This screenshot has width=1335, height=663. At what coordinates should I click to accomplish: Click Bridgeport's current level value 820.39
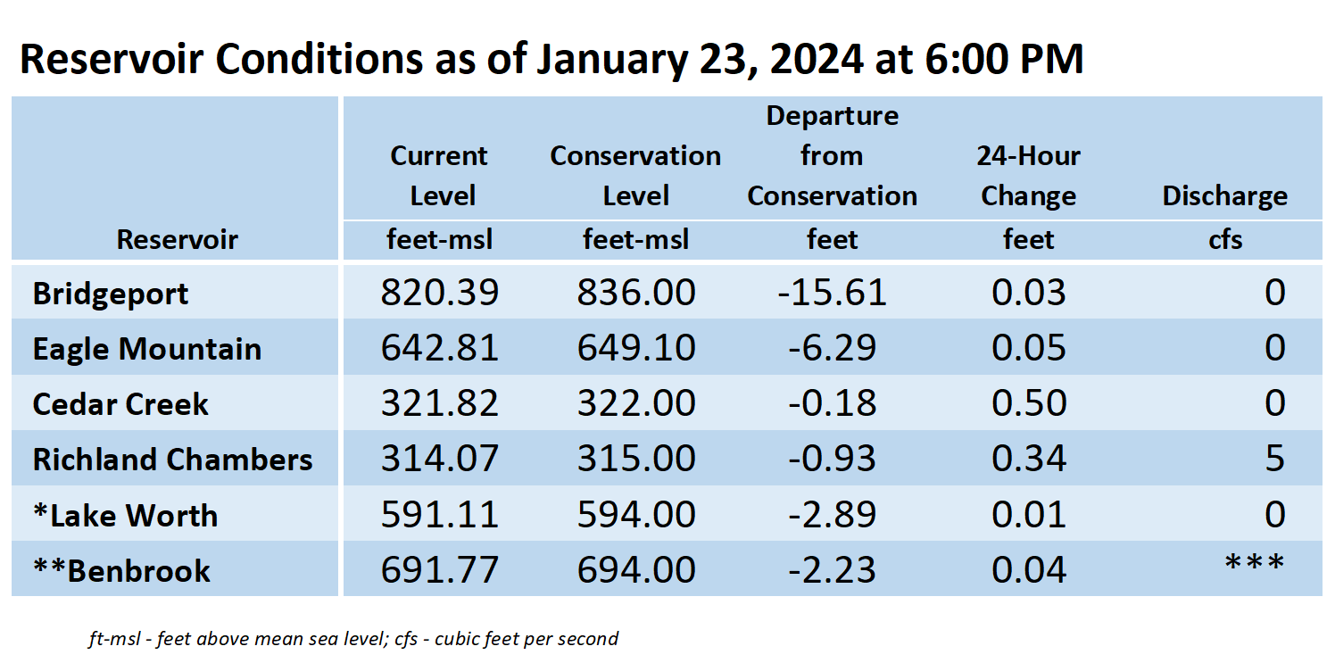click(x=439, y=293)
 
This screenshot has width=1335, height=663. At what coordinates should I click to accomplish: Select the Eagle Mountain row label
click(x=146, y=349)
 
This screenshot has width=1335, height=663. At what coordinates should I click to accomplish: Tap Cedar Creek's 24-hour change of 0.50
click(x=1029, y=403)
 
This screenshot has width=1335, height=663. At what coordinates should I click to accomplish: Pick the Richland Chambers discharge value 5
click(x=1274, y=459)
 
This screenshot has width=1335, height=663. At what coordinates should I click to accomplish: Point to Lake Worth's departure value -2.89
click(x=832, y=514)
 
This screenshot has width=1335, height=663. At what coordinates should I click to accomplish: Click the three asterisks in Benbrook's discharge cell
click(x=1255, y=563)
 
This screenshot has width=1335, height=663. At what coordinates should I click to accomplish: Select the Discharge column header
click(x=1224, y=196)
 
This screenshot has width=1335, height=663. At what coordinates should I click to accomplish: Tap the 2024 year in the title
click(x=817, y=59)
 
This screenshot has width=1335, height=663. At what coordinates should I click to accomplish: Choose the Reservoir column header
click(x=177, y=239)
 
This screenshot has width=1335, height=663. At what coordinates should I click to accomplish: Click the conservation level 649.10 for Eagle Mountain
click(x=636, y=348)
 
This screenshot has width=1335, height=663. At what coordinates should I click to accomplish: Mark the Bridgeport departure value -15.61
click(x=832, y=293)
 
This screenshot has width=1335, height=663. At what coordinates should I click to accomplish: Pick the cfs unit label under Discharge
click(x=1225, y=239)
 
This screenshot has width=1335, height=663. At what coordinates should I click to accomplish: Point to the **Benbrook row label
click(x=121, y=571)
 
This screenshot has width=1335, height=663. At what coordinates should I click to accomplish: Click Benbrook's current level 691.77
click(x=439, y=569)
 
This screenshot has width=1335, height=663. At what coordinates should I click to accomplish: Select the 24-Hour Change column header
click(x=1029, y=176)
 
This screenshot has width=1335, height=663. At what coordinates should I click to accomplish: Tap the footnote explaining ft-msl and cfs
click(x=353, y=639)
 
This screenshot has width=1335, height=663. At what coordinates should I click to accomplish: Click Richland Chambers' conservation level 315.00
click(x=636, y=459)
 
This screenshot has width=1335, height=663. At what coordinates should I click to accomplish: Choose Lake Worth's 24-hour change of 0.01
click(x=1029, y=514)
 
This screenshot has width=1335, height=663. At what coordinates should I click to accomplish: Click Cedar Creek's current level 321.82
click(x=439, y=403)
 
